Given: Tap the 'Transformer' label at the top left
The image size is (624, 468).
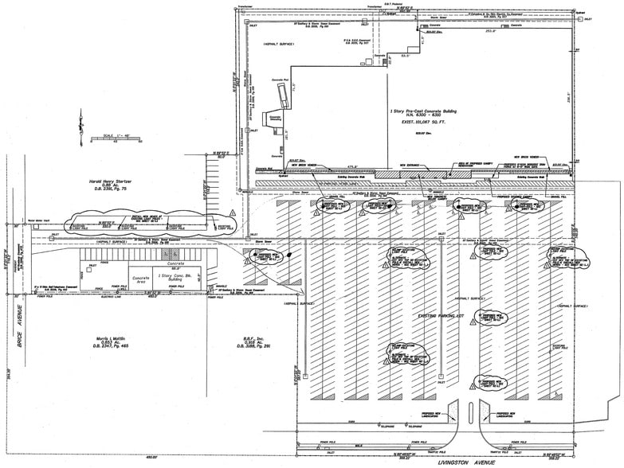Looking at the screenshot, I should click(244, 7).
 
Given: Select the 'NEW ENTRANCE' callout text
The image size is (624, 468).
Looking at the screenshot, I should click(408, 165).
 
